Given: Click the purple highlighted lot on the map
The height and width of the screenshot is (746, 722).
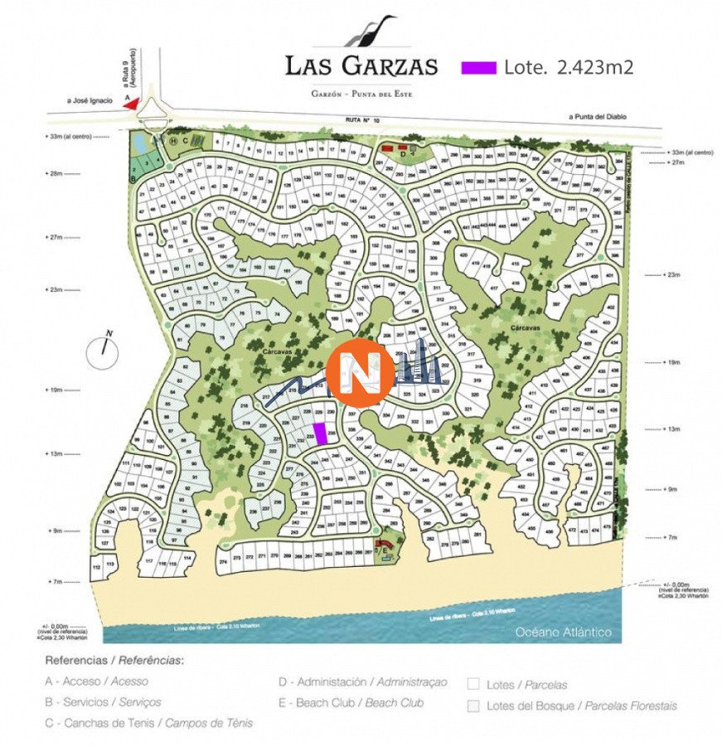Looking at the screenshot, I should pos(320,434).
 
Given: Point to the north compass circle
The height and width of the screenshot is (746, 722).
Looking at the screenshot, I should pos(104,351).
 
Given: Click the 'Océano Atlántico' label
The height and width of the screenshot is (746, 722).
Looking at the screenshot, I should pos(564,632).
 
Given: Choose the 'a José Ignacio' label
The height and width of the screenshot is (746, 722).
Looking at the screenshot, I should pos(90,100).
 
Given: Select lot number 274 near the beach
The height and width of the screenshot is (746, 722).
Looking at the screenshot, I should pos(223,561).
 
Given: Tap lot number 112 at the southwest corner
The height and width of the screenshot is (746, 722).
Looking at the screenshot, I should pos(97,566).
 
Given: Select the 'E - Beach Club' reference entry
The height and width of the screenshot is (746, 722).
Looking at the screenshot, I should pos(352,703).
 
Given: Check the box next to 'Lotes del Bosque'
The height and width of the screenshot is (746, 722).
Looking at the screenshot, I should pos(473,706).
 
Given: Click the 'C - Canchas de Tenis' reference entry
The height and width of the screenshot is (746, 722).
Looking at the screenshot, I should pos(149,723).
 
